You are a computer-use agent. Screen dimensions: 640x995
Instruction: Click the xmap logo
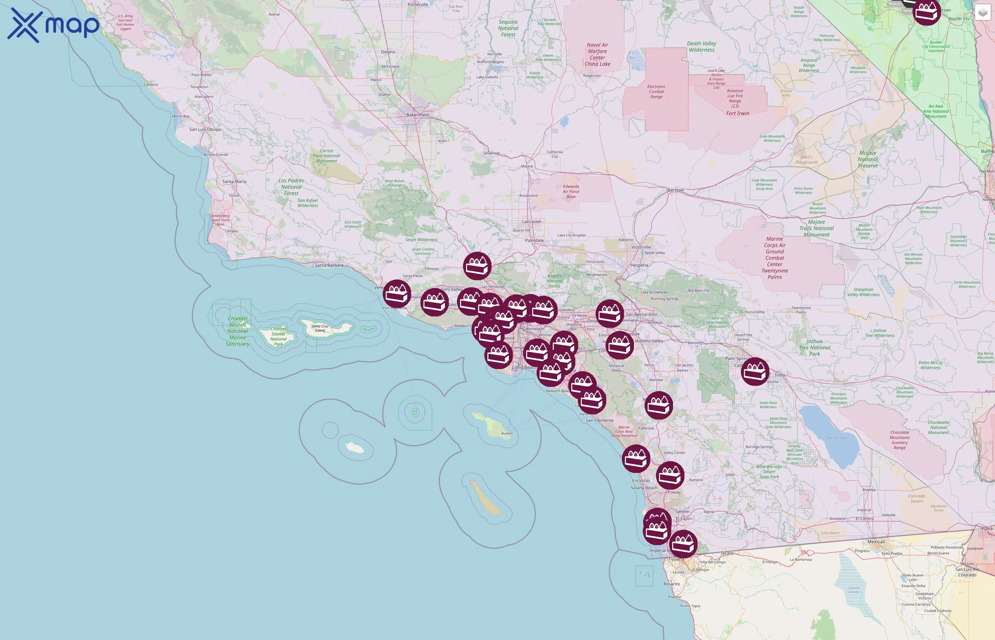pos(53,25)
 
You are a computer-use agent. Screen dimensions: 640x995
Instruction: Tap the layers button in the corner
pos(983,12)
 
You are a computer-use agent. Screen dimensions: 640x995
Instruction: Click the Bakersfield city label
pos(417,115)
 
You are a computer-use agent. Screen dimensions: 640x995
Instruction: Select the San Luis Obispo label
pos(205,129)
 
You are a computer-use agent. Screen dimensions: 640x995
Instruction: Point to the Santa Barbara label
pos(329,265)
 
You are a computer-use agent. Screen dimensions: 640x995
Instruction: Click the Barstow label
pos(675,190)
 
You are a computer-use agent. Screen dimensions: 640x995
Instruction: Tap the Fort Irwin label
pos(737,113)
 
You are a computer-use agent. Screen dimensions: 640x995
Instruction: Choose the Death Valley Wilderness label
pos(701,47)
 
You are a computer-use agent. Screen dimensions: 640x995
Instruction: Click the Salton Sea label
pos(836,438)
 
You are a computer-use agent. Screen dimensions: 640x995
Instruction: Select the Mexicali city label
pos(876,542)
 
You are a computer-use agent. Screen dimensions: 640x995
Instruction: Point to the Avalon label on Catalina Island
pos(507,433)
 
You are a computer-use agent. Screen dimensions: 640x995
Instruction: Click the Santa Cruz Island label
pos(319,328)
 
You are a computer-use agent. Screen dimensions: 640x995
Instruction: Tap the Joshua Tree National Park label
pos(814,347)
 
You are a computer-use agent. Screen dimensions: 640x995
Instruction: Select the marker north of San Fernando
pos(477,266)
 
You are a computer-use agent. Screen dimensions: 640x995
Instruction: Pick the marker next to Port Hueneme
pos(397,294)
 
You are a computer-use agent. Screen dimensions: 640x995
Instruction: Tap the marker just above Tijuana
pos(683,544)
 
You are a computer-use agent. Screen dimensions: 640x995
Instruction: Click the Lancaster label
pos(532,222)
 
